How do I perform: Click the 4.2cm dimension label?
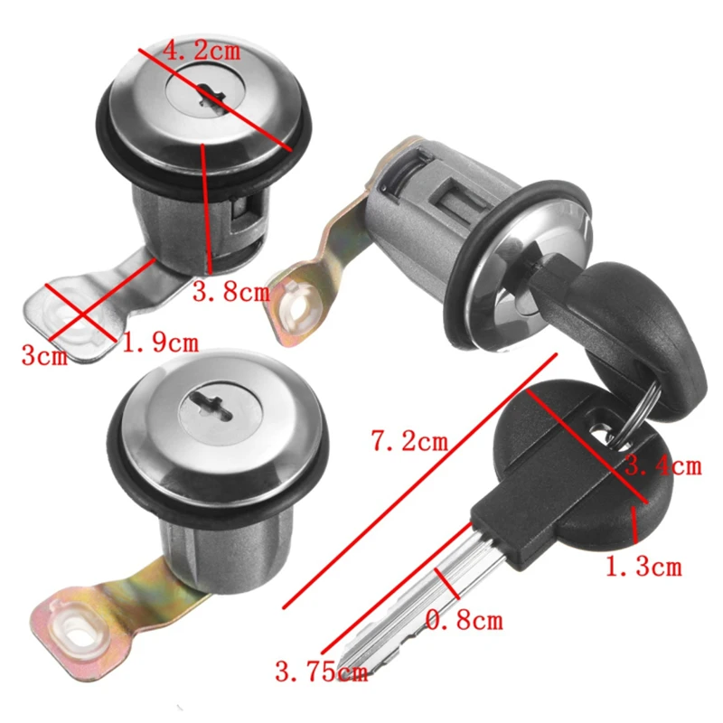pyautogui.click(x=202, y=50)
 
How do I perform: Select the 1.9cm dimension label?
pyautogui.click(x=160, y=343)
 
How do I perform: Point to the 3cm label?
pyautogui.click(x=44, y=355)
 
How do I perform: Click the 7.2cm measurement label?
pyautogui.click(x=409, y=441)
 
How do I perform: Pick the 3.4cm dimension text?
pyautogui.click(x=663, y=465)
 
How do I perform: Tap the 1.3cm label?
pyautogui.click(x=643, y=567)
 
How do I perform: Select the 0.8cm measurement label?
pyautogui.click(x=464, y=620)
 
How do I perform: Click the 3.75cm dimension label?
pyautogui.click(x=322, y=671)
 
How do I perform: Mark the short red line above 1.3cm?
pyautogui.click(x=634, y=524)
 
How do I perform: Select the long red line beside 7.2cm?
pyautogui.click(x=419, y=481)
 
